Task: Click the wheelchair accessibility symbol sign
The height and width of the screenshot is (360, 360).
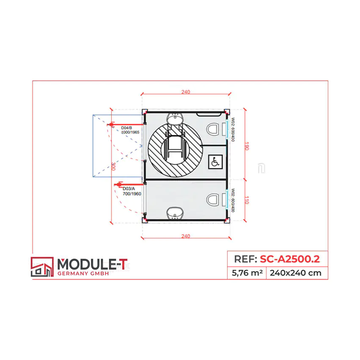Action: (215, 162)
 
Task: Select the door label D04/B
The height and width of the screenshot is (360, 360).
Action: (127, 128)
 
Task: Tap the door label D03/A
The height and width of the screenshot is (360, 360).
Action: (129, 189)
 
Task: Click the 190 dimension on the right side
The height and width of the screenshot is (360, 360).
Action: (247, 146)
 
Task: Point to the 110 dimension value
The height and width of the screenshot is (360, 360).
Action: (247, 200)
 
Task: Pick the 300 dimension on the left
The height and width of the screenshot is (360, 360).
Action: (113, 166)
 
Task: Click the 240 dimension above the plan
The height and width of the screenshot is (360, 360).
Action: (186, 92)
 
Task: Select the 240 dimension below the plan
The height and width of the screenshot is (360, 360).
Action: (186, 236)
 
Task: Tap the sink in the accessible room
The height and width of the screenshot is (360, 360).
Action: (175, 118)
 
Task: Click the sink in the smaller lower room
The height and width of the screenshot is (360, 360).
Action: (175, 213)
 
